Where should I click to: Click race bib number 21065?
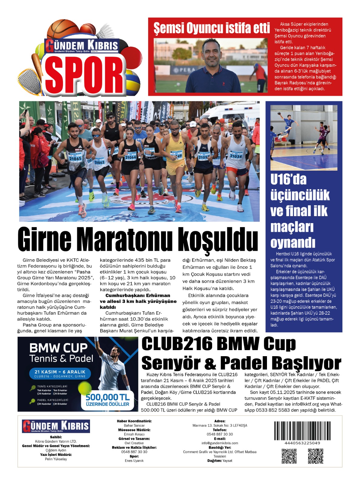click(x=75, y=158)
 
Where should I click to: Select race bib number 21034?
click(x=236, y=156)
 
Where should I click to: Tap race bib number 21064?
click(x=130, y=157)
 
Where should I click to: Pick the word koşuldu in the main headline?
click(x=218, y=239)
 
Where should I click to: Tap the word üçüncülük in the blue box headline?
click(x=300, y=195)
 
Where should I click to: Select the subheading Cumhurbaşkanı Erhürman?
click(x=138, y=296)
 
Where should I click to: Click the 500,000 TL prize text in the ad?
click(x=107, y=397)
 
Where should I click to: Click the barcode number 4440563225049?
click(x=302, y=443)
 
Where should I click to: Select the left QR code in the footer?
click(x=289, y=456)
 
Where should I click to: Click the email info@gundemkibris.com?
click(x=220, y=443)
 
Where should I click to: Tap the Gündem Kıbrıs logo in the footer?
click(x=56, y=426)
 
